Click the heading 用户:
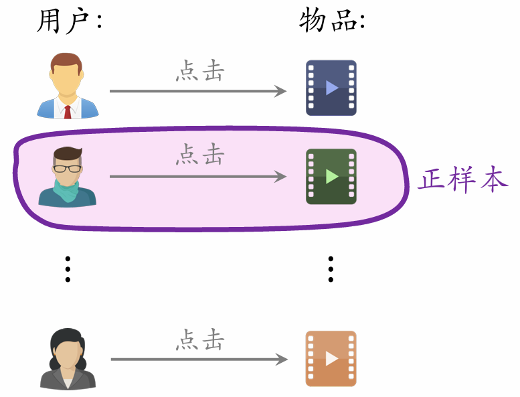68,21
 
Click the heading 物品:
332,21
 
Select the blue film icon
331,88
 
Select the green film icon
331,177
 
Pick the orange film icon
331,359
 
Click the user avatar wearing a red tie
67,86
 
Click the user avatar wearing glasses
67,177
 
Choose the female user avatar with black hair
68,359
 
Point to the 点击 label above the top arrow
199,71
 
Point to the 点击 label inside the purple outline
199,155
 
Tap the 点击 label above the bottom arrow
199,340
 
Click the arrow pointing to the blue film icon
198,91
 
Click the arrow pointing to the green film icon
198,177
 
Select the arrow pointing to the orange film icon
198,360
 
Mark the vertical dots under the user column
67,268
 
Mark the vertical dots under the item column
330,268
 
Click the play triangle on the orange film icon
332,359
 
